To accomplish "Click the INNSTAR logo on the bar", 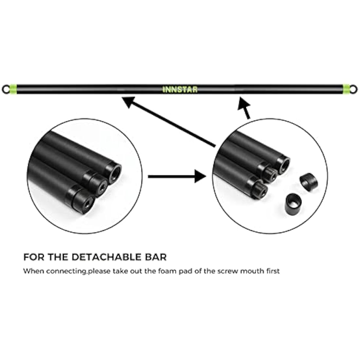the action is tap(180, 89).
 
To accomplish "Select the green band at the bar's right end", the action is tap(347, 89).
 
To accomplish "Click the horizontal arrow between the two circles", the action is tap(177, 176).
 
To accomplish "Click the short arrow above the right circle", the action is tap(244, 108).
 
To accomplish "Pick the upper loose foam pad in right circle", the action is tap(309, 181).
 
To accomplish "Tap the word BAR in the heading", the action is tap(158, 257).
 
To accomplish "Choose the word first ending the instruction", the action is tap(273, 271).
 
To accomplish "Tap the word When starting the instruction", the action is tap(33, 271).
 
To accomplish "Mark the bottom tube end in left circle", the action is tap(83, 202).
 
